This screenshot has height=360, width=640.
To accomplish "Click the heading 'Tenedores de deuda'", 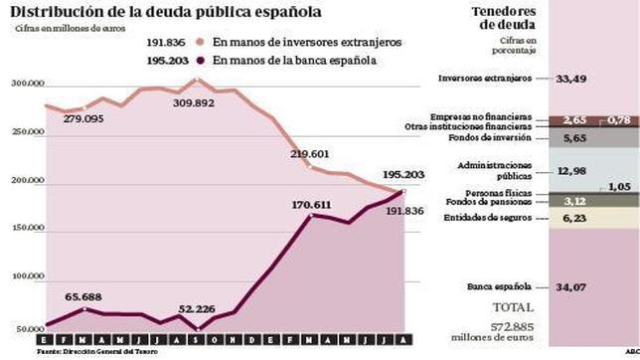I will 472,18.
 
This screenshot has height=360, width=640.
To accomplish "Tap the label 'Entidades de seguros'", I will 482,219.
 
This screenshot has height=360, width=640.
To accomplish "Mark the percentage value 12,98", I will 570,170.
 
